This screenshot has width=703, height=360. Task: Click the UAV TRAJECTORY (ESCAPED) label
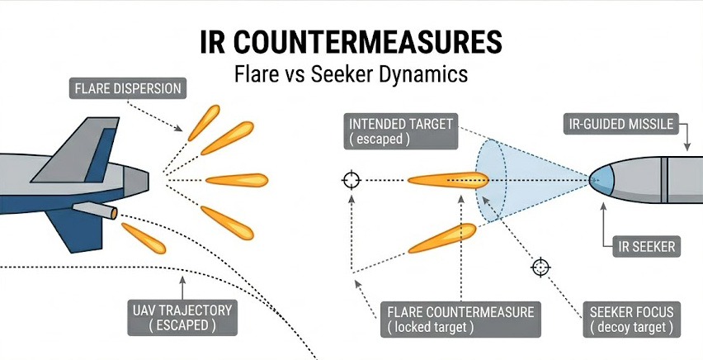coord(182,318)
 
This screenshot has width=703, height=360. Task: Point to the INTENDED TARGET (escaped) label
coord(401,131)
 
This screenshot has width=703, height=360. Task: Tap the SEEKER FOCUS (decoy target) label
coord(631,320)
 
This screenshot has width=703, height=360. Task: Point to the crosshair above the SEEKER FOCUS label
coord(540,267)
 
